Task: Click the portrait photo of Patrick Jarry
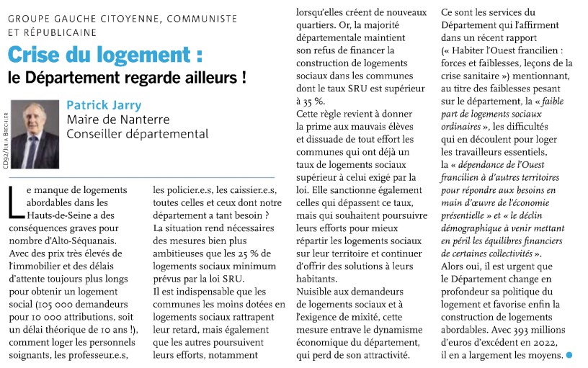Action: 35,133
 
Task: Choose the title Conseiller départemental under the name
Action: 137,133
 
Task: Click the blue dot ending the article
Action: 569,356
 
